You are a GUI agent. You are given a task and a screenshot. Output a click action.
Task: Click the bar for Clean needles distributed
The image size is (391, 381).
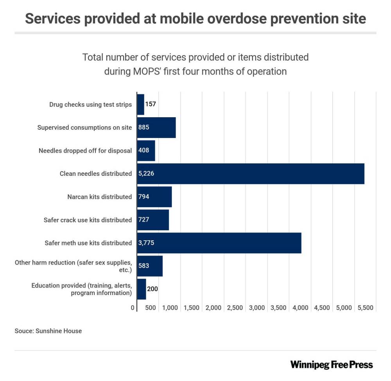click(250, 174)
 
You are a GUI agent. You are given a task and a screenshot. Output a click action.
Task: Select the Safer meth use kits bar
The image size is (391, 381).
click(219, 243)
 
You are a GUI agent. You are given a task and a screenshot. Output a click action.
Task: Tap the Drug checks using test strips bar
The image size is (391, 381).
click(140, 104)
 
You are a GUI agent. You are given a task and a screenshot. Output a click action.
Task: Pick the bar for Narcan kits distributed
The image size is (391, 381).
click(154, 197)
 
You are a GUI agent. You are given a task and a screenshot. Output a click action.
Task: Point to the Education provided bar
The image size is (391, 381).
click(142, 289)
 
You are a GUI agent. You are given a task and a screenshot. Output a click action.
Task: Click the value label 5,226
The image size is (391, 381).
click(146, 174)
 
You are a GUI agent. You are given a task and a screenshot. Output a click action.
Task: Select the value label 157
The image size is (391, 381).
click(151, 104)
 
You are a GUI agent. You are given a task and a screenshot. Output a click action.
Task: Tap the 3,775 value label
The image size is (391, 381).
click(146, 243)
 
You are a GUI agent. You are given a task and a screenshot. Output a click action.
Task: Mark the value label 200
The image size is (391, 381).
click(152, 289)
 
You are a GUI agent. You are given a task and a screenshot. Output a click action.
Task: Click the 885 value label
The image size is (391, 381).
click(144, 127)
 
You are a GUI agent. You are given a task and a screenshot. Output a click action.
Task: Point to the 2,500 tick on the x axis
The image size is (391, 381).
click(235, 308)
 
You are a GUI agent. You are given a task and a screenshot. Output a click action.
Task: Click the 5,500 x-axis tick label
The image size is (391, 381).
click(366, 308)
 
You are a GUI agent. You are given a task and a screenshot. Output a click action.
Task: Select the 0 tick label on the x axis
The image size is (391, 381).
click(133, 308)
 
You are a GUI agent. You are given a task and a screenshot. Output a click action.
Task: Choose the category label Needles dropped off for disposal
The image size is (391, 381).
click(85, 151)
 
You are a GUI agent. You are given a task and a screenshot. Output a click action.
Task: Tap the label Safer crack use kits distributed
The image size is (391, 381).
click(88, 220)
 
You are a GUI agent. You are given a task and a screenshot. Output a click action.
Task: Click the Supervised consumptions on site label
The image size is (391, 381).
click(84, 127)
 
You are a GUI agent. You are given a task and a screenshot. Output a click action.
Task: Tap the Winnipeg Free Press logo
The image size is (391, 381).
click(332, 365)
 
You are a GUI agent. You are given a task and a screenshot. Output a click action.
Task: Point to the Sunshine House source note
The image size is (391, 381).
click(48, 331)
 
